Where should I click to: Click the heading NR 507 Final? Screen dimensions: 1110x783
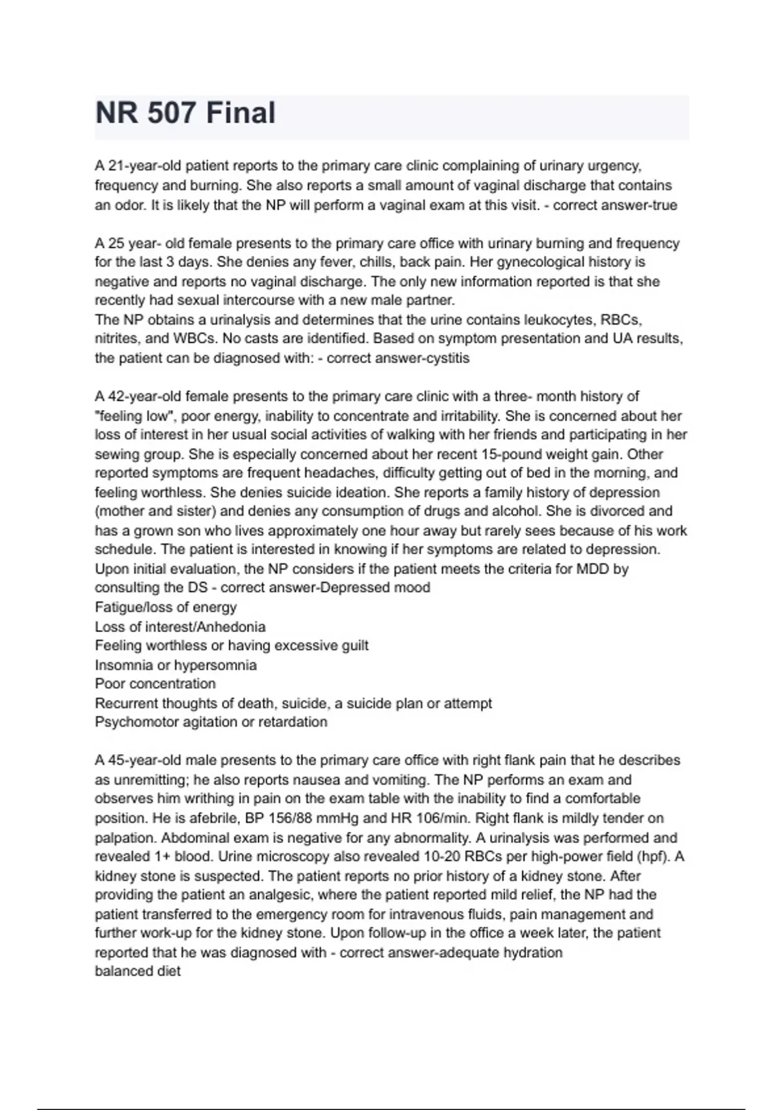[185, 113]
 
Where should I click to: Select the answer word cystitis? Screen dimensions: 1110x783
[447, 358]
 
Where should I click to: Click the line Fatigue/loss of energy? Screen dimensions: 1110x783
[166, 607]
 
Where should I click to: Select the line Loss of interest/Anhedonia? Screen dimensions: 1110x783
[180, 627]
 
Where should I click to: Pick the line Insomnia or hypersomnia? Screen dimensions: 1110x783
[176, 665]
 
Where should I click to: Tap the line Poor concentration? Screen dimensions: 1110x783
[155, 684]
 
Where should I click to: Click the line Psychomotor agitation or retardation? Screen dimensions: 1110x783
[211, 722]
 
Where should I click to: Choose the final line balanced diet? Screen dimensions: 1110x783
[138, 971]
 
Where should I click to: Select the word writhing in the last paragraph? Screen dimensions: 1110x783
[207, 799]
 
